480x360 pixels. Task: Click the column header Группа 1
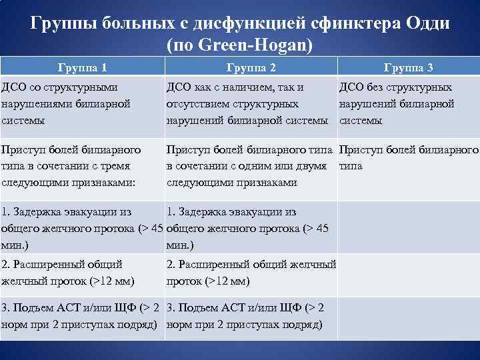[83, 67]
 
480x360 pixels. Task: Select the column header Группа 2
[251, 67]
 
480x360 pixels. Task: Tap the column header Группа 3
[409, 67]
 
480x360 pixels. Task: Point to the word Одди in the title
[426, 24]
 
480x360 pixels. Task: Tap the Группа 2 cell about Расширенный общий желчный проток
[251, 273]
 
